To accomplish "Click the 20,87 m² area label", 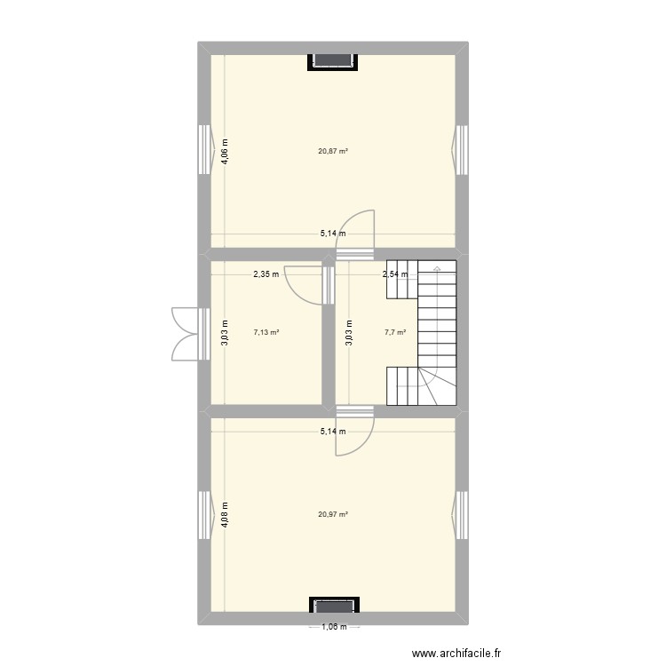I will click(x=333, y=151).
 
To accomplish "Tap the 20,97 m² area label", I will click(x=333, y=514).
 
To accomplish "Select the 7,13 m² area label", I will click(x=266, y=333).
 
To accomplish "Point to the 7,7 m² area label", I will click(x=395, y=333).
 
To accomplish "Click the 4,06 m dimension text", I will click(x=226, y=151).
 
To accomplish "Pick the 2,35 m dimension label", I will click(x=266, y=274).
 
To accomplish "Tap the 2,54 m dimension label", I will click(x=395, y=274).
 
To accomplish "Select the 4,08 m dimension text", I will click(x=226, y=514).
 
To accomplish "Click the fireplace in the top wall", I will click(x=333, y=60).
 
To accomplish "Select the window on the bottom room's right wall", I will click(x=462, y=514).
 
